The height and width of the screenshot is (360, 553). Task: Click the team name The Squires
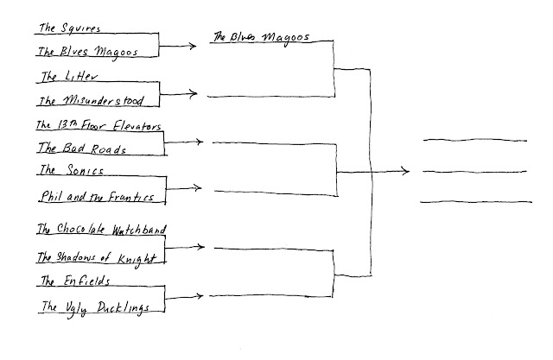[69, 28]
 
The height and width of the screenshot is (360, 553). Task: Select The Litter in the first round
[69, 77]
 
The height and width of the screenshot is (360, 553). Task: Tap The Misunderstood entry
[91, 101]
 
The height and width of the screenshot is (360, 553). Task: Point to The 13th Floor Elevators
[99, 125]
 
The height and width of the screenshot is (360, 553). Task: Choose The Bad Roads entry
[82, 148]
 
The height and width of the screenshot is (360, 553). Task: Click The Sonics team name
[71, 170]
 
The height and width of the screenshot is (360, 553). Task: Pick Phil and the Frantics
[98, 196]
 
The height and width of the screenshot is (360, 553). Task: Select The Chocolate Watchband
[102, 230]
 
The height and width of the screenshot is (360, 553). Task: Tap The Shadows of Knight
[97, 258]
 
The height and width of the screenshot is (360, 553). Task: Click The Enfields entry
[75, 281]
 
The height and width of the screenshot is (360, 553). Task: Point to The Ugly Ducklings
[95, 307]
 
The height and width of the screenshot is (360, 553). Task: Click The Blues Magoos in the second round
[261, 37]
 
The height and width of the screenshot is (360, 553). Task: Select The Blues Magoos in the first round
[88, 52]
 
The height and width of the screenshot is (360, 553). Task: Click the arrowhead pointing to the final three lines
[406, 172]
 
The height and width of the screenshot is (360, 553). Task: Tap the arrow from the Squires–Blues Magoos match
[177, 46]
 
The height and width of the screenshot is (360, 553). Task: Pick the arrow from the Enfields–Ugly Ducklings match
[184, 297]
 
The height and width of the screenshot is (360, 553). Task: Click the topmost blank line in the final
[475, 140]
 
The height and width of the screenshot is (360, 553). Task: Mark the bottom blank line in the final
[476, 202]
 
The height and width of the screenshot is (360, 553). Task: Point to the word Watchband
[139, 230]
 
